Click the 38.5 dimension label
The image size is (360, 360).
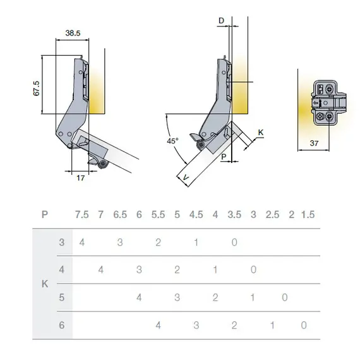point(73,33)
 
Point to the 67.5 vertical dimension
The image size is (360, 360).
point(37,88)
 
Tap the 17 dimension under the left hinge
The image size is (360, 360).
point(81,178)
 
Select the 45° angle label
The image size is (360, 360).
point(172,141)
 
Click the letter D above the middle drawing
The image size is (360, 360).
point(221,21)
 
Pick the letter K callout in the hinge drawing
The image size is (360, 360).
point(261,133)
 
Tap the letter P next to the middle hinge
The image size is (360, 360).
point(224,157)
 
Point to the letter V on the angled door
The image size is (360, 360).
point(186,177)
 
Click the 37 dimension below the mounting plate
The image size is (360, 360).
point(314,143)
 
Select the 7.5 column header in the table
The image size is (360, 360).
point(82,215)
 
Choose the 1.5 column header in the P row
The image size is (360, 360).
point(308,215)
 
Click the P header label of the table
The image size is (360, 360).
point(45,215)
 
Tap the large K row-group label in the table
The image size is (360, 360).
point(45,284)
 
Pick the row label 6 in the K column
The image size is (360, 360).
point(61,325)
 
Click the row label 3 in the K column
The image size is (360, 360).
point(61,243)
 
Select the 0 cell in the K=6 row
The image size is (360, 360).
point(304,325)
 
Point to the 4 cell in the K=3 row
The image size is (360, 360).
point(82,243)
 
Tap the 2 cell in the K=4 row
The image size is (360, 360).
point(177,270)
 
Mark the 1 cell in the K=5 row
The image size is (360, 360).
point(253,297)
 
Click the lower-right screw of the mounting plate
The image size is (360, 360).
point(330,117)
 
